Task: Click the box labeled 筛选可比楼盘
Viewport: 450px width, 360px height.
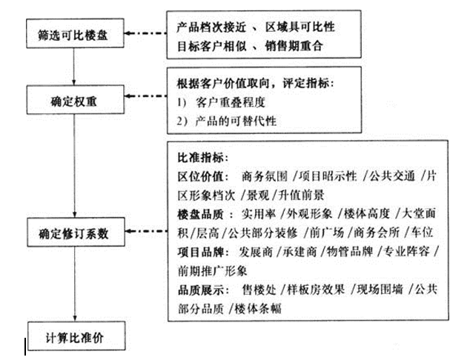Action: pos(73,34)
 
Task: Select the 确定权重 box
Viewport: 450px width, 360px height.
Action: pos(73,97)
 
